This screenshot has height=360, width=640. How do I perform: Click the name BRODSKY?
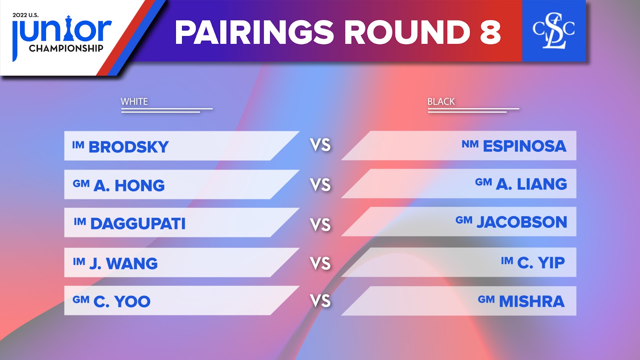(x=128, y=147)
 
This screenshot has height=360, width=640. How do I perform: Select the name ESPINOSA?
(x=524, y=146)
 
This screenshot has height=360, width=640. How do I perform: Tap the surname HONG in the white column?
(x=140, y=186)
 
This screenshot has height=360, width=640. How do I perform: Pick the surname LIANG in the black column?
(x=542, y=184)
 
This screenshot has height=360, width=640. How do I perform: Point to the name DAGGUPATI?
(x=138, y=224)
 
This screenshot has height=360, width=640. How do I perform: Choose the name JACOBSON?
(x=522, y=222)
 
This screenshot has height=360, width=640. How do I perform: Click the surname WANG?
(x=132, y=263)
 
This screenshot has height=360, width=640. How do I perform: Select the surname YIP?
(x=552, y=262)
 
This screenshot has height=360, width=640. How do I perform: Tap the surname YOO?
(x=132, y=302)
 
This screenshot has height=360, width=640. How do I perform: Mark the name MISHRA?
(x=532, y=302)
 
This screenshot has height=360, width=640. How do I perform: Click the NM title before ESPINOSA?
(x=470, y=144)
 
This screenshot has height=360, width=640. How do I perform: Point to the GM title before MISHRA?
(x=486, y=299)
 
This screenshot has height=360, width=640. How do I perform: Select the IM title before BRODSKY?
(x=78, y=145)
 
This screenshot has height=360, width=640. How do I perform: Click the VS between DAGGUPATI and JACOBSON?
(x=320, y=224)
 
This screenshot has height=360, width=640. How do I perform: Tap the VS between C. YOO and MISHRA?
(x=320, y=301)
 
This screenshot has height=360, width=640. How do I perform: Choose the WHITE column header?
(x=134, y=102)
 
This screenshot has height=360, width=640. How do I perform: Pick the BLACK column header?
(x=441, y=102)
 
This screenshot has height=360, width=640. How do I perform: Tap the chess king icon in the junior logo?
(x=68, y=28)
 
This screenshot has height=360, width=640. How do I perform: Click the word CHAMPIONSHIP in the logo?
(x=66, y=48)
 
